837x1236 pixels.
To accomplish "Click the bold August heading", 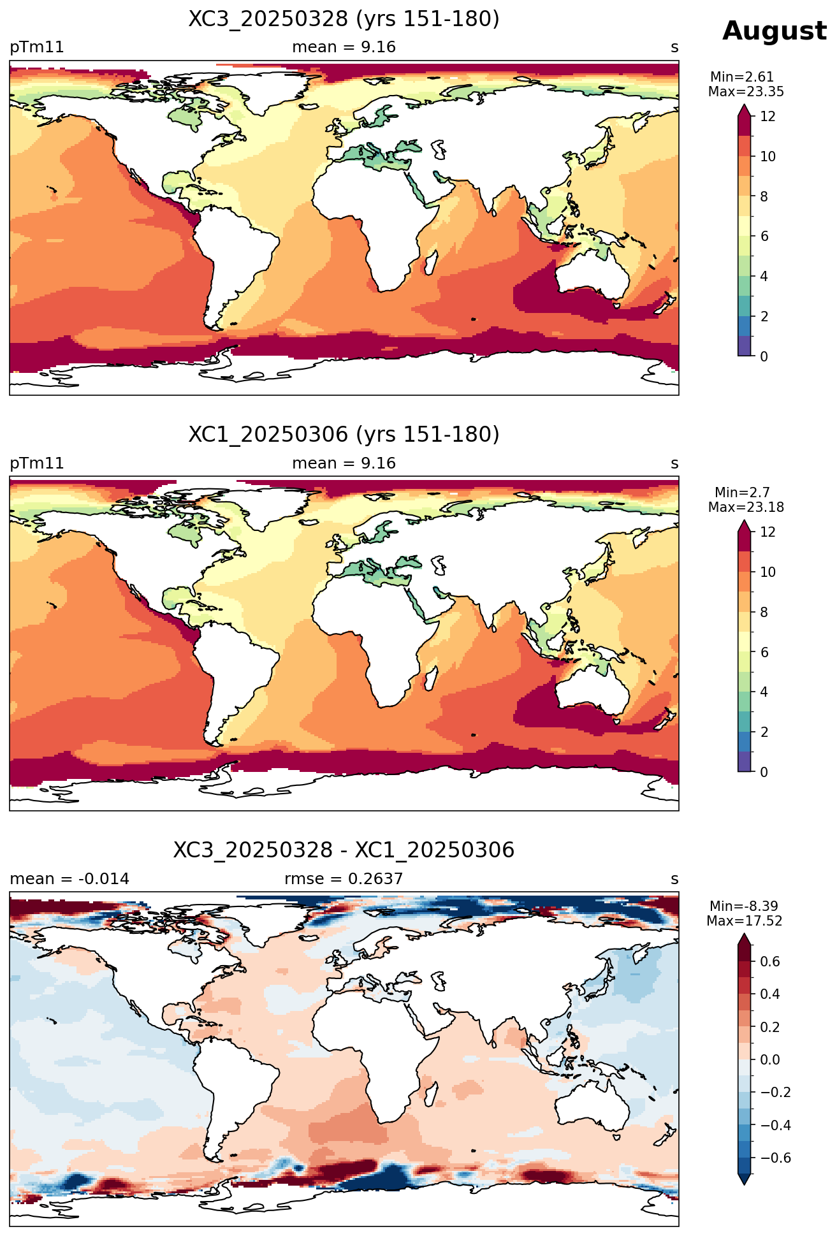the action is coord(775,31).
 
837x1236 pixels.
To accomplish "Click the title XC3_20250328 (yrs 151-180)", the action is coord(344,19).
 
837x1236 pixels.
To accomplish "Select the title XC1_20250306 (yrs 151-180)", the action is coord(344,435).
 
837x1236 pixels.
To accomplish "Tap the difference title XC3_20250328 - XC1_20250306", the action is coord(344,850).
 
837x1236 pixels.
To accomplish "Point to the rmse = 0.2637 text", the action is coord(344,879).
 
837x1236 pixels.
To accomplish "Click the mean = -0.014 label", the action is coord(69,879).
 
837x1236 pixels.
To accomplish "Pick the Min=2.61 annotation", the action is coord(742,77).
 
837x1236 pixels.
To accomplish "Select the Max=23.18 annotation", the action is coord(746,507).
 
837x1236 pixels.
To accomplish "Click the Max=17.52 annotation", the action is coord(745,921).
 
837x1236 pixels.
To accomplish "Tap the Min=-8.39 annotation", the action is coord(744,906).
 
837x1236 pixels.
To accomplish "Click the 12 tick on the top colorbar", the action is coord(768,117).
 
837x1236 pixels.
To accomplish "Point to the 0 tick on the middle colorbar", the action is coord(764,772).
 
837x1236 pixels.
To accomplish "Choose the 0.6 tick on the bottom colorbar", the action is coord(770,962).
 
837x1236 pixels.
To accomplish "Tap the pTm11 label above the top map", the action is coord(37,47).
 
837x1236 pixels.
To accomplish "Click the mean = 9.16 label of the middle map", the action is coord(344,463).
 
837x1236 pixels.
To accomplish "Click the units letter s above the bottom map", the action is coord(674,879).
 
